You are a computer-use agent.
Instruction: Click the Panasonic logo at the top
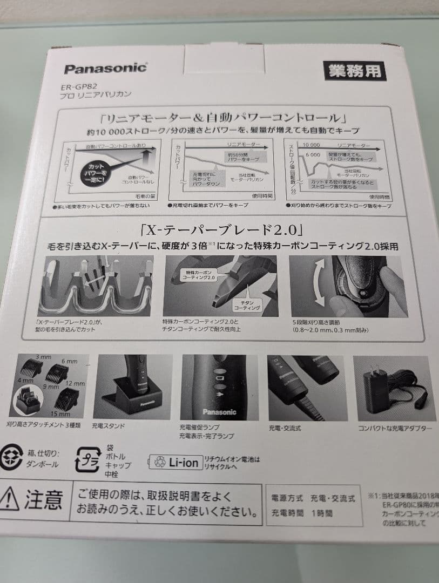(x=105, y=69)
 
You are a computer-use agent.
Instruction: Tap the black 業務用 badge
(x=355, y=71)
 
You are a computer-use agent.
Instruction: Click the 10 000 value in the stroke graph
(x=311, y=145)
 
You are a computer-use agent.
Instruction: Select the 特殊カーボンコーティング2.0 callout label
(x=201, y=275)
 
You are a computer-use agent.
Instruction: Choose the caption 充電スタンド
(x=109, y=426)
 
